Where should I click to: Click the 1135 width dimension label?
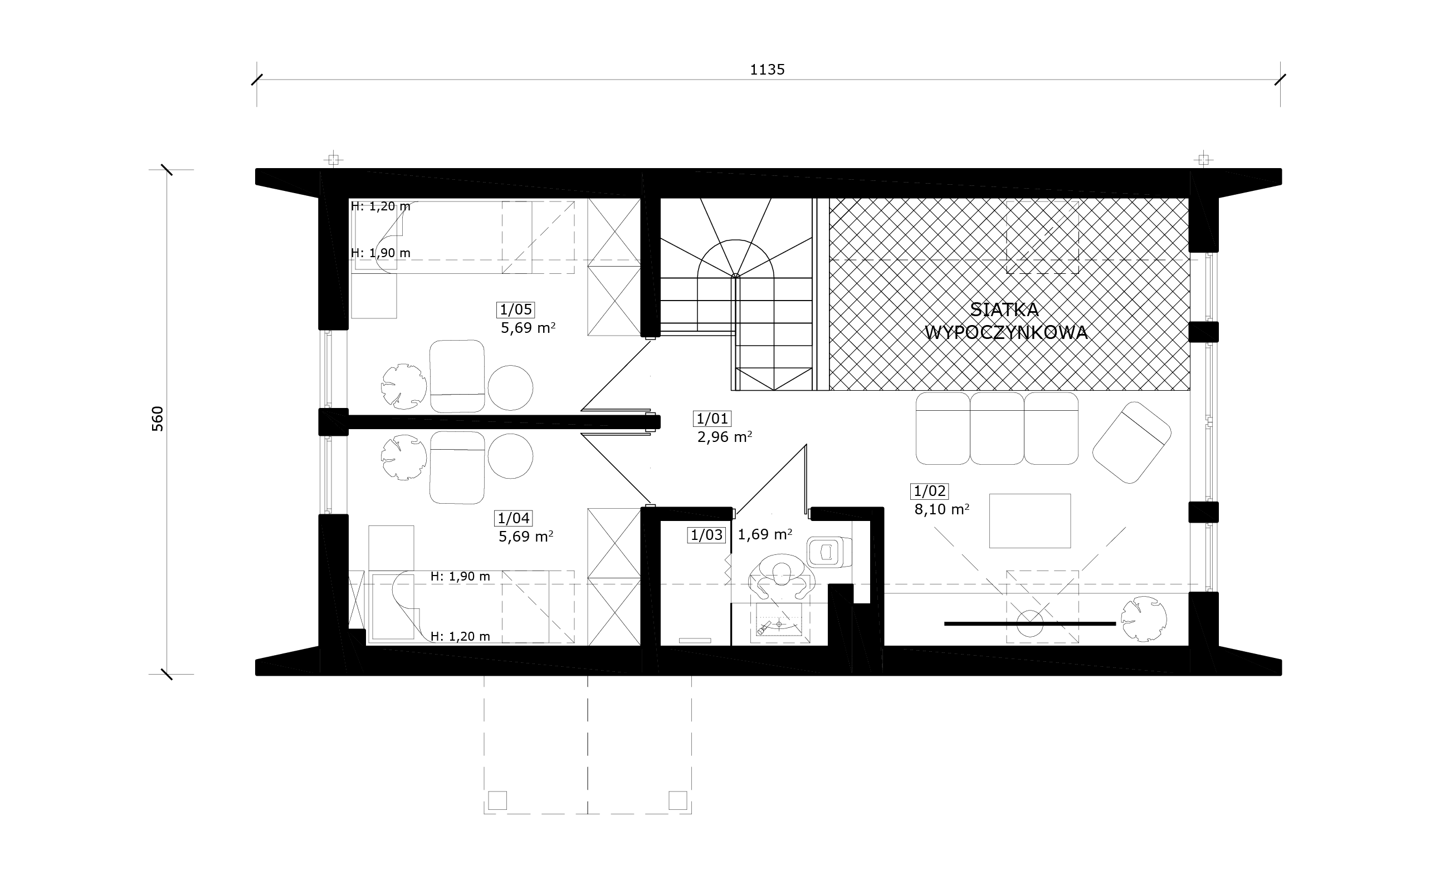[767, 70]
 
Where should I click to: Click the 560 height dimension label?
[158, 419]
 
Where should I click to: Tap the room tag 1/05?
[516, 309]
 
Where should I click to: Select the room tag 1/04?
[514, 519]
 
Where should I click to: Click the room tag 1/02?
[930, 491]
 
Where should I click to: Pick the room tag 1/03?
[706, 535]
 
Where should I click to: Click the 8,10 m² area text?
[942, 509]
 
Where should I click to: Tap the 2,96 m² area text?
[725, 437]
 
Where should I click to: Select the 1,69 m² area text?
[765, 534]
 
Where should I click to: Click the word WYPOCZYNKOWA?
[1006, 333]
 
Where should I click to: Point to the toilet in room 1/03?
[829, 552]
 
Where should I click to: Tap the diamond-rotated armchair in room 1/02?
[1131, 442]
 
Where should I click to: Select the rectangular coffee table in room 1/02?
[1029, 521]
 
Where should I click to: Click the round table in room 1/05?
[510, 388]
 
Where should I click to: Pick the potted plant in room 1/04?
[403, 458]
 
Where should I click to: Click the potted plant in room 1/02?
[1144, 619]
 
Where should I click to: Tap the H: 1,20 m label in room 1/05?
[380, 206]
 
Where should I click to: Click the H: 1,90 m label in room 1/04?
[460, 577]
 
